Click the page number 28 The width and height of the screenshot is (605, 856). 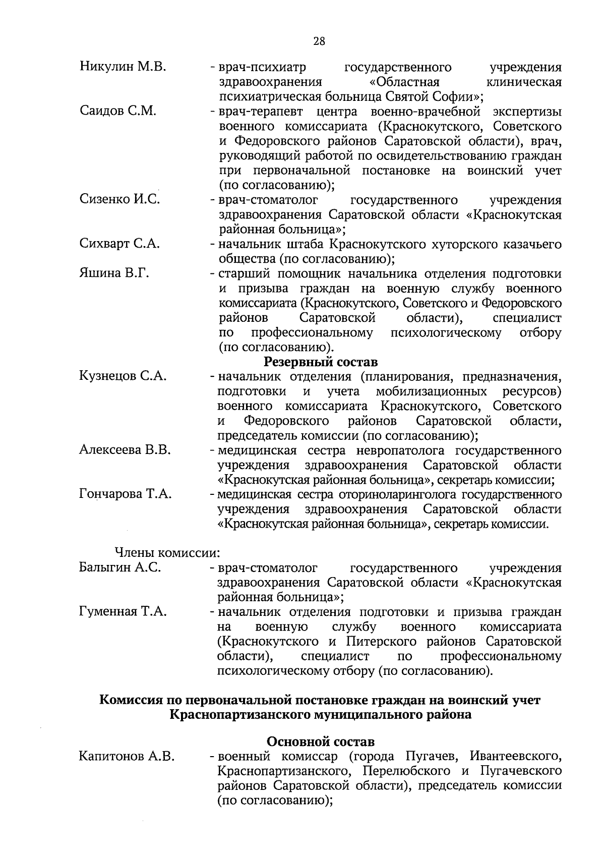tap(319, 41)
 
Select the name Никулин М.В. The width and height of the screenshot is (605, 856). tap(123, 67)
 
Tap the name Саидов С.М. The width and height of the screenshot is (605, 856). tap(118, 111)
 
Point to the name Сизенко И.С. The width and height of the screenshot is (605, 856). tap(120, 199)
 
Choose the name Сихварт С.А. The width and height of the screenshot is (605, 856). tap(119, 244)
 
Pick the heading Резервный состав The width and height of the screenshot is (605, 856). tap(321, 362)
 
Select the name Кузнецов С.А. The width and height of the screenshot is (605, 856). tap(123, 376)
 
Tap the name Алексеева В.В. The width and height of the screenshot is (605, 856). tap(125, 450)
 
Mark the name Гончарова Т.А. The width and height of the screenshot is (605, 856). tap(126, 494)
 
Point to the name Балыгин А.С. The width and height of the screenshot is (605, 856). tap(120, 567)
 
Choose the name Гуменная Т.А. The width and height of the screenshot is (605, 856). tap(123, 612)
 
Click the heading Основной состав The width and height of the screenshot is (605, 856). tap(321, 741)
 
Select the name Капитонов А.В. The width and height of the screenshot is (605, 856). tap(127, 756)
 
